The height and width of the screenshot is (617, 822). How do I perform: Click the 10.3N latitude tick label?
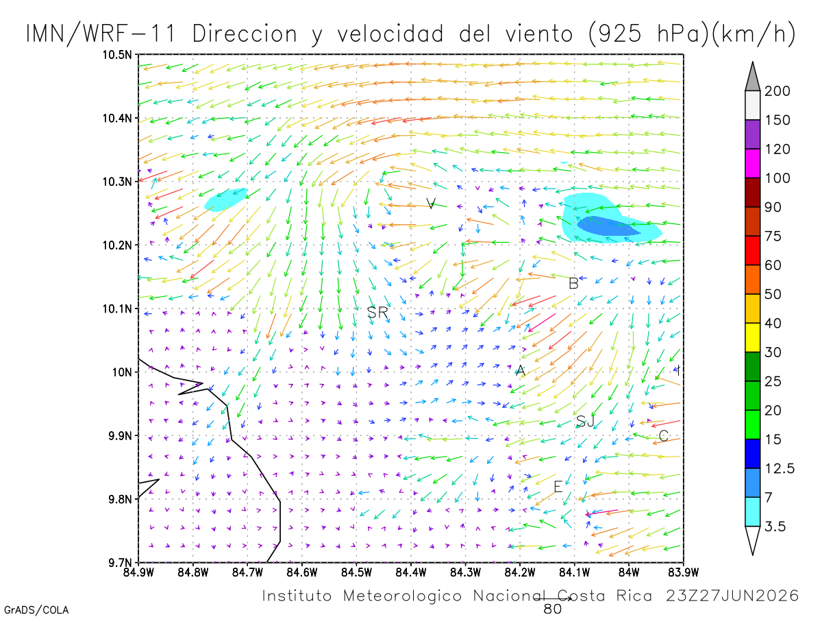pyautogui.click(x=117, y=182)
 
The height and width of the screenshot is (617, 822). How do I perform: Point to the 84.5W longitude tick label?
pyautogui.click(x=356, y=572)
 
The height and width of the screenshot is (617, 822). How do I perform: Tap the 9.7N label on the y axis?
pyautogui.click(x=120, y=563)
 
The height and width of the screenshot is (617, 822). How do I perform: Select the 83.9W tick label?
pyautogui.click(x=684, y=572)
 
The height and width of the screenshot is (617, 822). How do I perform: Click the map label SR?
pyautogui.click(x=377, y=312)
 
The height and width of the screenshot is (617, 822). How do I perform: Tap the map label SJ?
pyautogui.click(x=584, y=422)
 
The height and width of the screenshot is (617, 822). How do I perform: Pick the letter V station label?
pyautogui.click(x=431, y=204)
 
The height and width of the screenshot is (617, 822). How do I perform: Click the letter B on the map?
pyautogui.click(x=573, y=283)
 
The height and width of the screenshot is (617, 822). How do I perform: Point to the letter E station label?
pyautogui.click(x=558, y=487)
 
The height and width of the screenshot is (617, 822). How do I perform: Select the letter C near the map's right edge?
pyautogui.click(x=663, y=436)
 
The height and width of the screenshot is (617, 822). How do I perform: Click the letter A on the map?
pyautogui.click(x=521, y=370)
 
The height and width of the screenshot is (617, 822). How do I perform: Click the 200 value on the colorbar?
pyautogui.click(x=777, y=91)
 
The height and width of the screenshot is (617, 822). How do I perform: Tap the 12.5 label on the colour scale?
pyautogui.click(x=780, y=468)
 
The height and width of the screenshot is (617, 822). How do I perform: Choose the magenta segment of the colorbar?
pyautogui.click(x=752, y=163)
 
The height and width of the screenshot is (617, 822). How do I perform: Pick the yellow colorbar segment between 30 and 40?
pyautogui.click(x=752, y=337)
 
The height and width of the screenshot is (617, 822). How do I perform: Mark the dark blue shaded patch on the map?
pyautogui.click(x=608, y=226)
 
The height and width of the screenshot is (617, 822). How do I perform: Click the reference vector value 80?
pyautogui.click(x=552, y=609)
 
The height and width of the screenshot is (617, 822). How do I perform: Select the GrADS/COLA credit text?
pyautogui.click(x=36, y=610)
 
